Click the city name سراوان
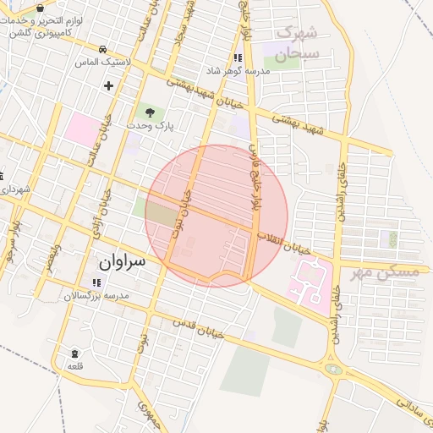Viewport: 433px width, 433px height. pyautogui.click(x=121, y=262)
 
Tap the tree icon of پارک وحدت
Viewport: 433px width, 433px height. pyautogui.click(x=150, y=111)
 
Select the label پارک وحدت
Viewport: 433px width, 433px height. pyautogui.click(x=150, y=125)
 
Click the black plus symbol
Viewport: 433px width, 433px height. pyautogui.click(x=108, y=85)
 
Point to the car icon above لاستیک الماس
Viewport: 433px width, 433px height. pyautogui.click(x=102, y=49)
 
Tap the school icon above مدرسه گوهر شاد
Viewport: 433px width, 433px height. pyautogui.click(x=238, y=58)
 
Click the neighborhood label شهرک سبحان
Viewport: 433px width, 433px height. pyautogui.click(x=296, y=41)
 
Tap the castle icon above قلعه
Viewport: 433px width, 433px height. pyautogui.click(x=75, y=353)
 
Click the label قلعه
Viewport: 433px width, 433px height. pyautogui.click(x=75, y=365)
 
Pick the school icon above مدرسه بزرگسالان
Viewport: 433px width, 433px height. pyautogui.click(x=94, y=282)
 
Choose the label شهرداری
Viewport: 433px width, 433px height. pyautogui.click(x=15, y=189)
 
